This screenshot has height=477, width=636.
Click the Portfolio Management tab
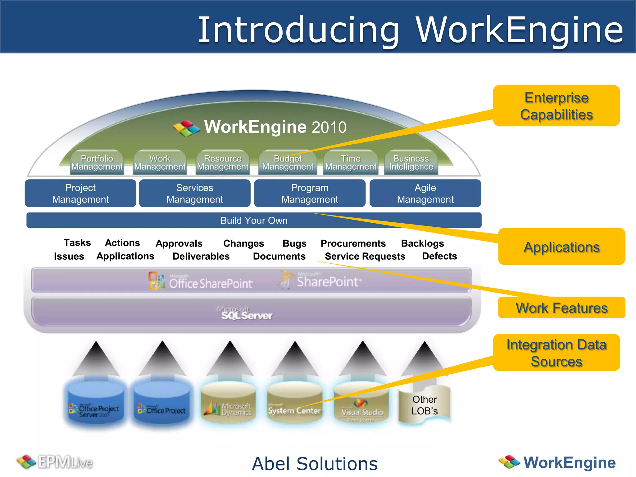(97, 163)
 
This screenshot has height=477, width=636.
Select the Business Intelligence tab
(411, 163)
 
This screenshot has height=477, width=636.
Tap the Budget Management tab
(288, 163)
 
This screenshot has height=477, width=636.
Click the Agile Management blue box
(425, 193)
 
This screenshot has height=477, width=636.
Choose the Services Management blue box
(195, 193)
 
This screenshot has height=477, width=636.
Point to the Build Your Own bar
(254, 220)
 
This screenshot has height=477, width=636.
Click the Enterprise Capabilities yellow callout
(556, 106)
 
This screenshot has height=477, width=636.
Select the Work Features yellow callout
(561, 308)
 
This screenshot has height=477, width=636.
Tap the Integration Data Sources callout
(556, 353)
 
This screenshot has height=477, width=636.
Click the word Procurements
(353, 243)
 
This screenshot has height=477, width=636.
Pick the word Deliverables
(201, 256)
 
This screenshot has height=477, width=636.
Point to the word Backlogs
(422, 243)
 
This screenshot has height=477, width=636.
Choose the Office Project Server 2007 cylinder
(95, 404)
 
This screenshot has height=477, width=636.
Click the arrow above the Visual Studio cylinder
(362, 359)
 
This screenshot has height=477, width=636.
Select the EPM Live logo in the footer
(55, 462)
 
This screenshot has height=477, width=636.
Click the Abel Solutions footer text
(315, 464)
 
